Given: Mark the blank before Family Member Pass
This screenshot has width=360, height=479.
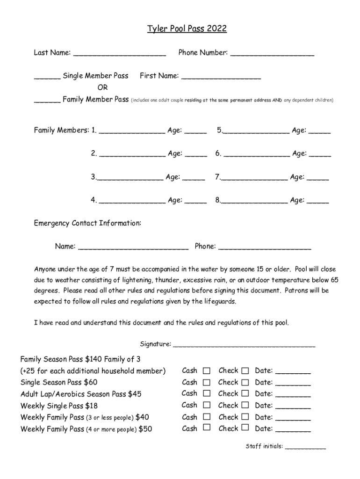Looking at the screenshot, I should pyautogui.click(x=47, y=100).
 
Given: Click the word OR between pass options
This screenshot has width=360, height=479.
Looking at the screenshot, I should pyautogui.click(x=102, y=87).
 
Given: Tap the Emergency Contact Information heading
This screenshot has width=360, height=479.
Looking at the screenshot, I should pyautogui.click(x=87, y=223).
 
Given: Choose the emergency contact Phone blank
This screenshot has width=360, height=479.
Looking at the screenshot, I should pyautogui.click(x=265, y=247).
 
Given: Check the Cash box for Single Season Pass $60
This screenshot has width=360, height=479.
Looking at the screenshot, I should pyautogui.click(x=207, y=382).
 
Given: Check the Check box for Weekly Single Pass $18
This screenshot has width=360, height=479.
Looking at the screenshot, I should pyautogui.click(x=245, y=405).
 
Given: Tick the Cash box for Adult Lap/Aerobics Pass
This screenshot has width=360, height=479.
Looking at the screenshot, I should pyautogui.click(x=207, y=393).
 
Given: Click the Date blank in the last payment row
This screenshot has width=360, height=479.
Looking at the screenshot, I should pyautogui.click(x=293, y=429).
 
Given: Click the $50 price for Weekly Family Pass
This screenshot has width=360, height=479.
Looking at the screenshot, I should pyautogui.click(x=145, y=429).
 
